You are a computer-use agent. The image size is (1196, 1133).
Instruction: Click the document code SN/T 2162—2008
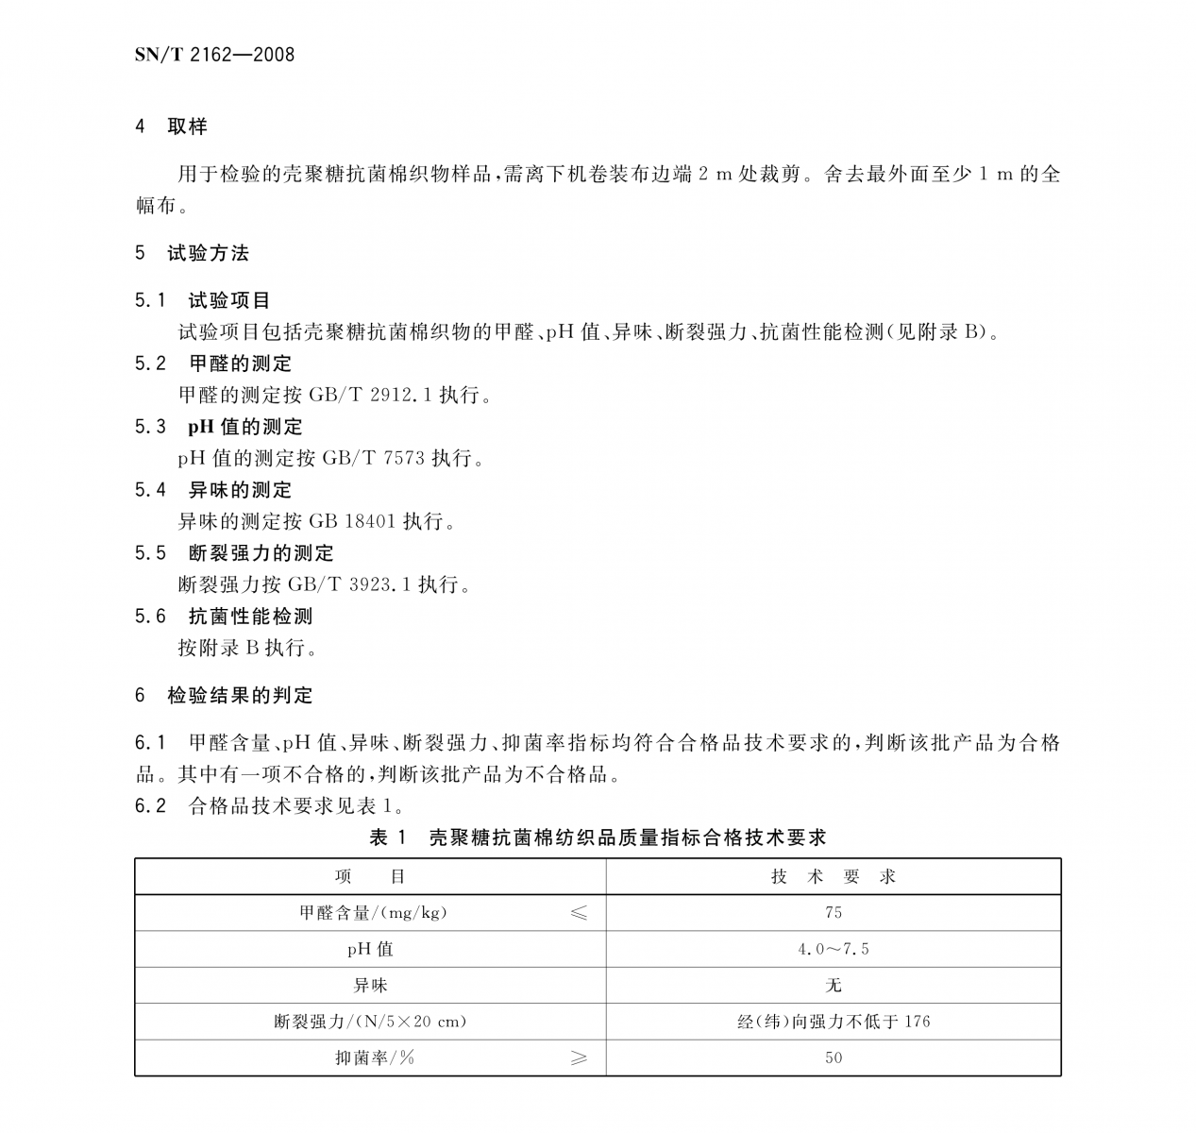(214, 55)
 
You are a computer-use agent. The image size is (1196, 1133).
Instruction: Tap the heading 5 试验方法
(192, 253)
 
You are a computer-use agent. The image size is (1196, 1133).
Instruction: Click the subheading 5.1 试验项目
(202, 300)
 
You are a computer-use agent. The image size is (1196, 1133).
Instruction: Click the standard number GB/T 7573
(374, 458)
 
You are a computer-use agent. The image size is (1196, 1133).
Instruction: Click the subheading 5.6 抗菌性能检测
(223, 617)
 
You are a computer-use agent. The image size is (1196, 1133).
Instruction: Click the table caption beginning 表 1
(598, 837)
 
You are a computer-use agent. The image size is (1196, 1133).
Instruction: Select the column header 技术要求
(833, 877)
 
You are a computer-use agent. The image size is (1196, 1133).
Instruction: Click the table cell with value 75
(833, 913)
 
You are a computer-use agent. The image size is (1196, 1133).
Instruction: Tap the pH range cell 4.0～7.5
(833, 949)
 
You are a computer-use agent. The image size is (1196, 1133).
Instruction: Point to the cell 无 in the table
(833, 986)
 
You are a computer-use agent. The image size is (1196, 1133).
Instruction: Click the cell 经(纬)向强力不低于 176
(833, 1022)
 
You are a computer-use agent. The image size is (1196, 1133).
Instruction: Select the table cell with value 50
(833, 1058)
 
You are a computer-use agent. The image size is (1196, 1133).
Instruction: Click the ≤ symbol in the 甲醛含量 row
(578, 913)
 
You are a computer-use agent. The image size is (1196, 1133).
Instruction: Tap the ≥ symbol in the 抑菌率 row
(578, 1058)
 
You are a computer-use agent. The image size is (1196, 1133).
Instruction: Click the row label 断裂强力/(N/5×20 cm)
(370, 1022)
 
